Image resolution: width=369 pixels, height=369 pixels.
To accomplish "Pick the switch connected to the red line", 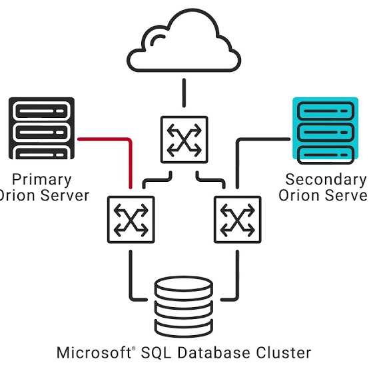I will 131,219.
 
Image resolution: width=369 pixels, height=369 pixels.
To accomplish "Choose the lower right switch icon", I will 237,219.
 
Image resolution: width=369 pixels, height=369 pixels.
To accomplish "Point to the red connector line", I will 107,139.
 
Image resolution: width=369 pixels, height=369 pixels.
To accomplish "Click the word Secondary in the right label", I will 326,179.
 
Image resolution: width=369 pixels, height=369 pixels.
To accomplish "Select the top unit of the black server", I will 41,108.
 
